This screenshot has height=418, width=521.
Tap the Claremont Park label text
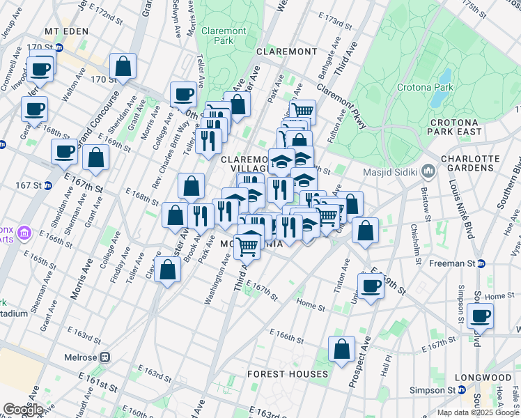[x=223, y=36]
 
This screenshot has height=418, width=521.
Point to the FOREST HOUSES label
[x=288, y=374]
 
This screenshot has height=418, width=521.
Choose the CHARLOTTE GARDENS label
[x=471, y=164]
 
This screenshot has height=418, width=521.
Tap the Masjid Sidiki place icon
[x=428, y=171]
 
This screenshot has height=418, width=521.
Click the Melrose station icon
[x=104, y=357]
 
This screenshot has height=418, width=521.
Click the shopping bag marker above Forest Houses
[x=341, y=350]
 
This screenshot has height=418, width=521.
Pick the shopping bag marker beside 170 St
[x=123, y=67]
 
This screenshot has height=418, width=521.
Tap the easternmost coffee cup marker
[x=480, y=316]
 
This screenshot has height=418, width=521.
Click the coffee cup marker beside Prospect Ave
[x=371, y=285]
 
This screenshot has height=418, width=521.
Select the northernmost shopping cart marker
[x=302, y=111]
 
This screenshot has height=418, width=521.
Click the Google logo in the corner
[x=24, y=410]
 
